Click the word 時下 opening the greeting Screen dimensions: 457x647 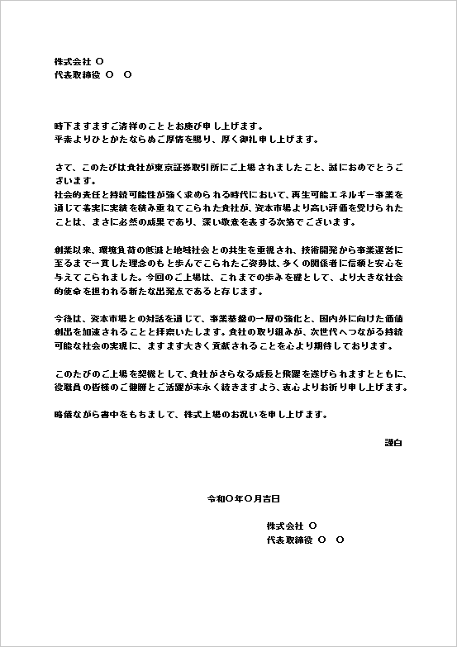[60, 126]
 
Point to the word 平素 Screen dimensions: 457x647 [60, 140]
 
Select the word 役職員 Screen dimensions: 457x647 [65, 385]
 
